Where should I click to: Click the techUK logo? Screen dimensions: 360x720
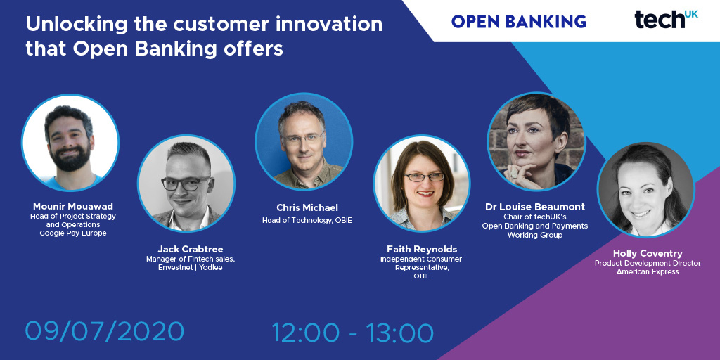[666, 19]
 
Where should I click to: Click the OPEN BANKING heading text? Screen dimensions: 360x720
[518, 21]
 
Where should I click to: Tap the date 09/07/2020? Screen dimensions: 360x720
[105, 330]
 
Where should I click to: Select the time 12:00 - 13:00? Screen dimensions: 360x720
[352, 330]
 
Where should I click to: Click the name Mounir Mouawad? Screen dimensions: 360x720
[72, 206]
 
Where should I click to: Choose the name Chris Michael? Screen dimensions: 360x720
[307, 207]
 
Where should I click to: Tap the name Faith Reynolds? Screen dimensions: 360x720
[422, 249]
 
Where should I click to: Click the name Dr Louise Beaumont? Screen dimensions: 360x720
[534, 207]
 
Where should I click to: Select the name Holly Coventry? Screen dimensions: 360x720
[647, 253]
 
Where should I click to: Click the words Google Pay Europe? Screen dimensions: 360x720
[73, 233]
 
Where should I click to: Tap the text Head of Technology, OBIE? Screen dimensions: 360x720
[307, 220]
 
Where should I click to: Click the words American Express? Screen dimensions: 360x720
[648, 271]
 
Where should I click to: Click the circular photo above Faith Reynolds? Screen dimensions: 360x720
[421, 184]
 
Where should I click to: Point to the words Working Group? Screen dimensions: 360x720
[534, 235]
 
